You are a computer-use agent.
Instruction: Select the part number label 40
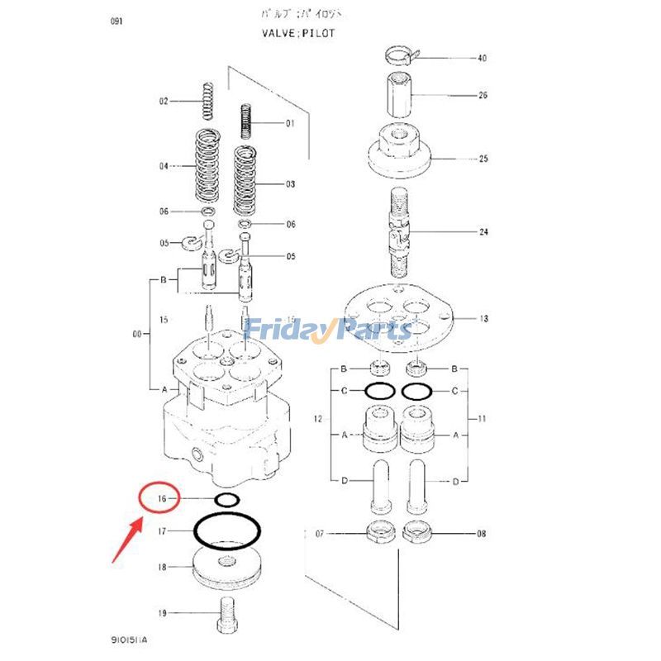coord(483,59)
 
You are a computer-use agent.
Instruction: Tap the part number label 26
coord(483,96)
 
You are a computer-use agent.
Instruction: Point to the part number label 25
coord(483,158)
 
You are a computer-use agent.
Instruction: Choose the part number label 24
coord(483,232)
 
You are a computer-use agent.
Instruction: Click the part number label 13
coord(483,319)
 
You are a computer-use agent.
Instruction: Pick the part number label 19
coord(162,613)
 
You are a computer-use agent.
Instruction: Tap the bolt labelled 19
coord(226,613)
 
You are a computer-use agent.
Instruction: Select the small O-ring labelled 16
coord(226,499)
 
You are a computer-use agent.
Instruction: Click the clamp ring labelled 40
coord(403,57)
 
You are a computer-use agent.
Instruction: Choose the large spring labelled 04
coord(207,165)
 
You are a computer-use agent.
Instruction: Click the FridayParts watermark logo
coord(330,330)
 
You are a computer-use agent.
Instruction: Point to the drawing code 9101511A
coord(134,640)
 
